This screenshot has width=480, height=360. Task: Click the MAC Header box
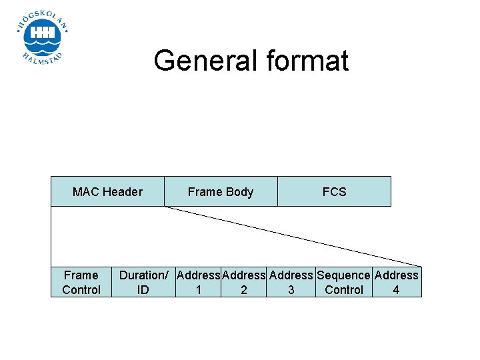click(x=107, y=191)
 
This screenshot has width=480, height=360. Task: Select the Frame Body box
click(x=220, y=191)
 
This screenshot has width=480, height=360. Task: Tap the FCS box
click(x=334, y=191)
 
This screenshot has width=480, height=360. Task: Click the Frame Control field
click(x=81, y=282)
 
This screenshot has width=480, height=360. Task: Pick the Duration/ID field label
click(x=143, y=282)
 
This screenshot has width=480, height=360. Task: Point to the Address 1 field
click(x=199, y=282)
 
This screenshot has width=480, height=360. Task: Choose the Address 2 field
click(x=244, y=282)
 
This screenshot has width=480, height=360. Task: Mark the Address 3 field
click(x=291, y=282)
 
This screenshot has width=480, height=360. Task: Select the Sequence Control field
click(x=343, y=282)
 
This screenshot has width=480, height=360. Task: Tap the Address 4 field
click(x=397, y=282)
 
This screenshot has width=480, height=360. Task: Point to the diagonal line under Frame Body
click(x=293, y=237)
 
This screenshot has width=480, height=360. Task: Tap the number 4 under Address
click(x=396, y=290)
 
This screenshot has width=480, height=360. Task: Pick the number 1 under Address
click(x=198, y=290)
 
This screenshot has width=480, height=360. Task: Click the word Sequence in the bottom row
click(x=343, y=275)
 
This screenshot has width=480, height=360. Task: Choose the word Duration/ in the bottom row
click(x=143, y=275)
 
